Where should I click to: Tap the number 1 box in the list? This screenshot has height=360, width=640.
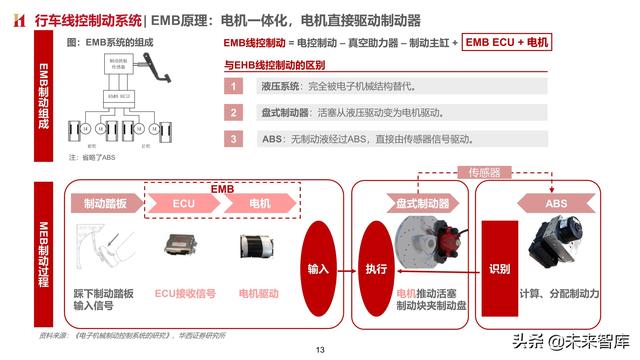pyautogui.click(x=232, y=87)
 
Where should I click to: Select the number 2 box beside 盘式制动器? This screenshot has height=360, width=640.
pyautogui.click(x=232, y=113)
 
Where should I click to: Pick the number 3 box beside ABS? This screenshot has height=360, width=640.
pyautogui.click(x=232, y=139)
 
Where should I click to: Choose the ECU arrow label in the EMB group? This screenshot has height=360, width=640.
pyautogui.click(x=183, y=203)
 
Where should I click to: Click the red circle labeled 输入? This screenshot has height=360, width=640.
pyautogui.click(x=318, y=270)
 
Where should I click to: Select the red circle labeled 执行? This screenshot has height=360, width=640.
pyautogui.click(x=376, y=270)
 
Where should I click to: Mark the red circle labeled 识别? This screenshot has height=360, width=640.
pyautogui.click(x=500, y=270)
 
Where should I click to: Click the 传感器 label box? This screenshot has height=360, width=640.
pyautogui.click(x=484, y=173)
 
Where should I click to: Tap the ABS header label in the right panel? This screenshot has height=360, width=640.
pyautogui.click(x=556, y=203)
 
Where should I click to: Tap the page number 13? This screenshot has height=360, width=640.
pyautogui.click(x=320, y=350)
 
